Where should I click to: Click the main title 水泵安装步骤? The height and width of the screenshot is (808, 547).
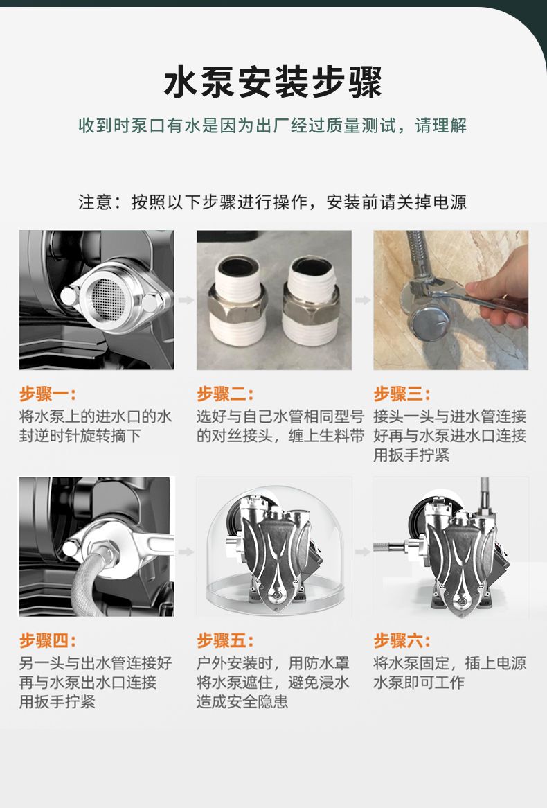tap(273, 82)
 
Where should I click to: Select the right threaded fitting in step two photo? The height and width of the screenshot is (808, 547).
tap(312, 301)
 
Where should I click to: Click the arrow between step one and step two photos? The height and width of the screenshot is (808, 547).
tap(186, 300)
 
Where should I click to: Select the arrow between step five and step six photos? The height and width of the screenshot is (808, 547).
tap(363, 552)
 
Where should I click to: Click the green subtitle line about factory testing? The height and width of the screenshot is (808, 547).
tap(273, 125)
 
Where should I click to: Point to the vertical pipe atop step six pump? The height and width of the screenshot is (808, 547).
tap(484, 495)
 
